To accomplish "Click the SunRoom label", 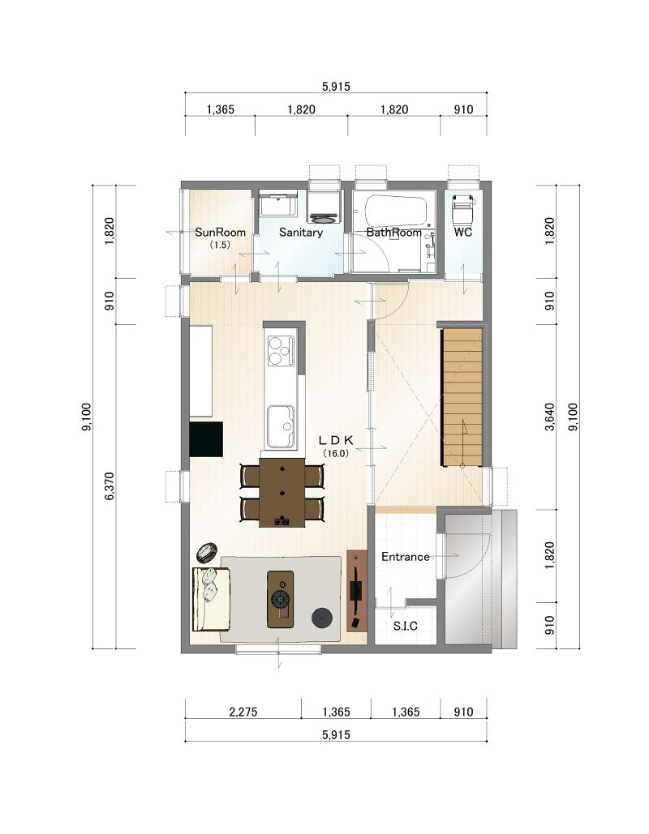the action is point(220,233).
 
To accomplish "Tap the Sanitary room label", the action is point(301,233).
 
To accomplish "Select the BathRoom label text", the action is point(393,233).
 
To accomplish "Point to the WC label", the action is point(462,233).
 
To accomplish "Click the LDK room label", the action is point(336,440).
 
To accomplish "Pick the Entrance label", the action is point(405,557).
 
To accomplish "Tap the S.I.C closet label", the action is point(405,626).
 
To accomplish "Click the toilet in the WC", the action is point(463,208).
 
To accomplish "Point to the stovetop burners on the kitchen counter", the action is point(281,350).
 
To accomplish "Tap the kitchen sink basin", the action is point(281,426).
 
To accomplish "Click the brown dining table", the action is point(282,493).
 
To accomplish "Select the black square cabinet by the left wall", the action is point(206,439).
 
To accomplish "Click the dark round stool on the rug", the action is point(322,618).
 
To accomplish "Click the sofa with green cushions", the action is point(211,599).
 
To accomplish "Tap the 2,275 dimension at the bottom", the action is point(243,712).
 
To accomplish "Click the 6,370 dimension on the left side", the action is point(110,486).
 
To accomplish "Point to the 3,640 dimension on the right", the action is point(550,417).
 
